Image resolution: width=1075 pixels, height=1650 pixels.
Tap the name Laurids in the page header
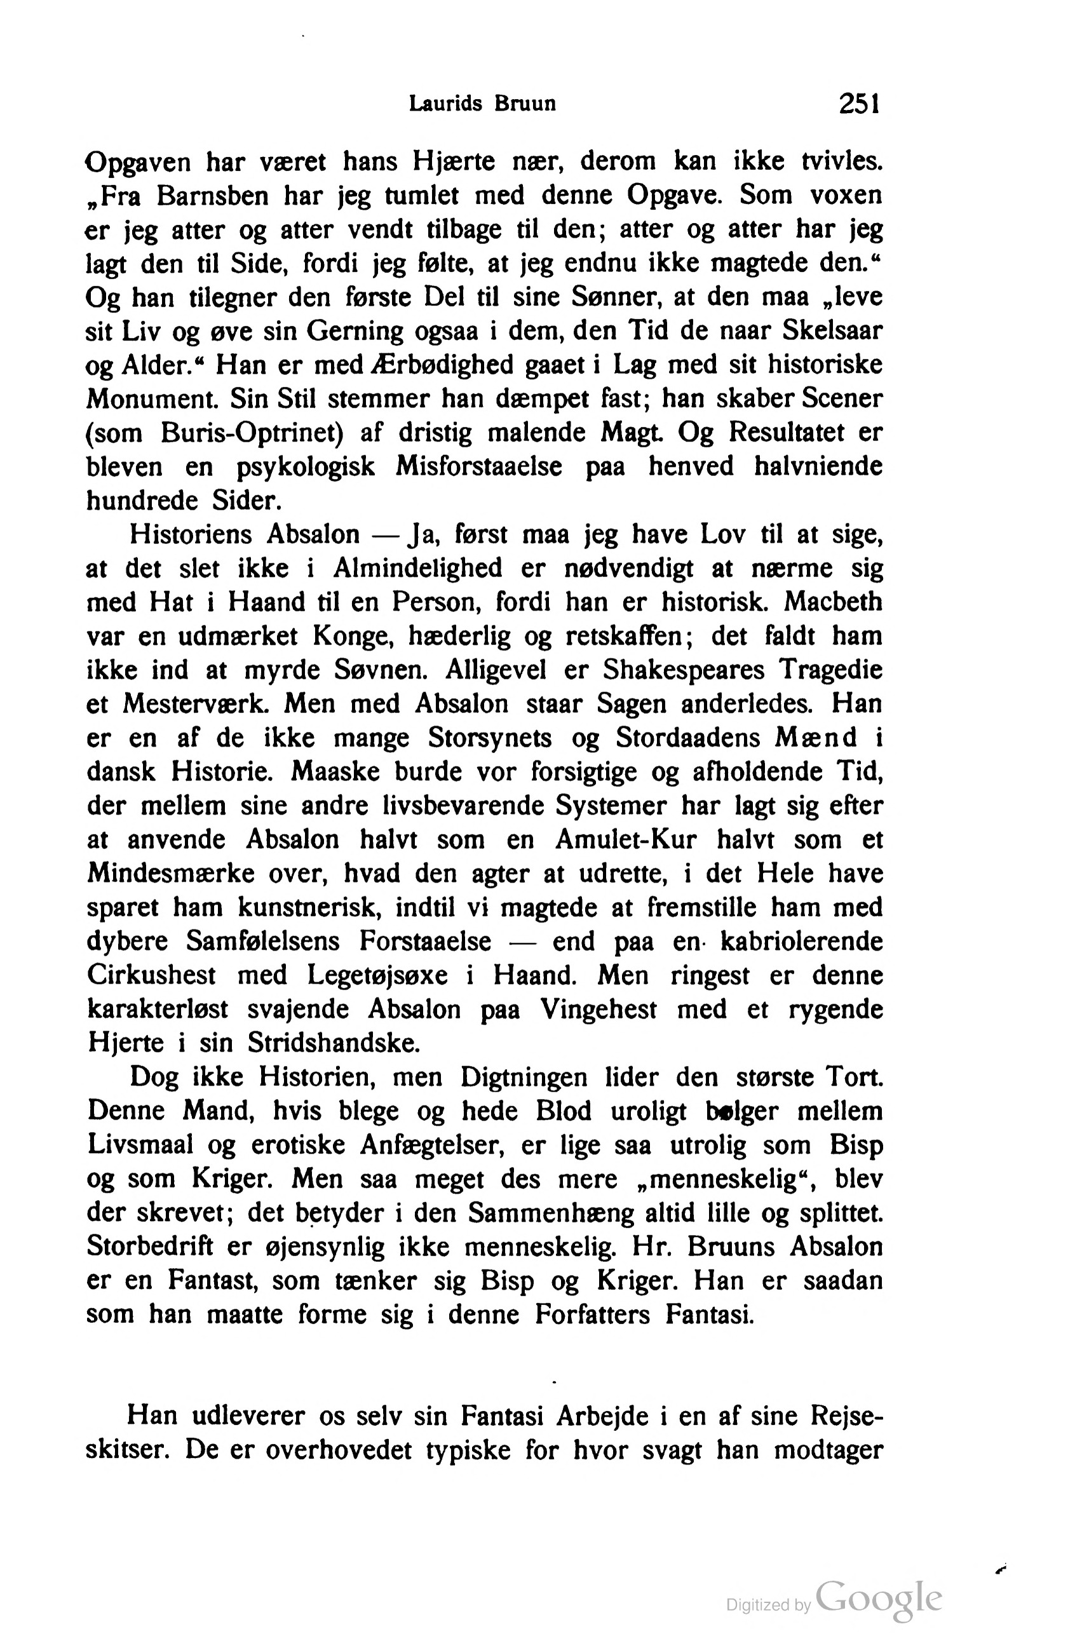point(445,104)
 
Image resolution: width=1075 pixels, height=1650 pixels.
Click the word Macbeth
point(833,602)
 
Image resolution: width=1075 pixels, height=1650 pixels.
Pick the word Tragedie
point(830,670)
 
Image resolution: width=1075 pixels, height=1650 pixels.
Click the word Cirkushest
point(152,975)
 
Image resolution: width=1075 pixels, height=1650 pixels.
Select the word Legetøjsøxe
point(378,975)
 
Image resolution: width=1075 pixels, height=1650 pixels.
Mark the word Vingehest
point(598,1010)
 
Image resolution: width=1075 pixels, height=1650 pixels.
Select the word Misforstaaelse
point(479,466)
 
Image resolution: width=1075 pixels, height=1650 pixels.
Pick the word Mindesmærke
point(170,874)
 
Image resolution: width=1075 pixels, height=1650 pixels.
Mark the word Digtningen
point(524,1078)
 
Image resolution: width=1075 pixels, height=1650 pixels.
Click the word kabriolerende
point(801,942)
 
